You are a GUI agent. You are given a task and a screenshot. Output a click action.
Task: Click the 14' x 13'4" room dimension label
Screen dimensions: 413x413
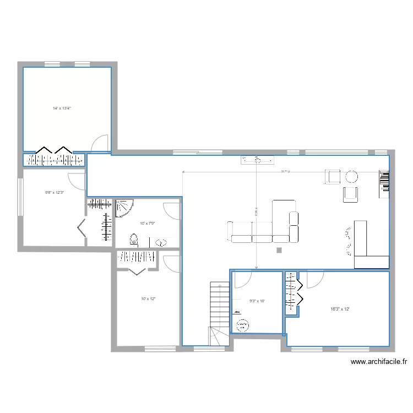tap(62, 108)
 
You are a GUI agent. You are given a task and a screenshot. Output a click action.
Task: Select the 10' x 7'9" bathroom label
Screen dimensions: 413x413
tap(148, 223)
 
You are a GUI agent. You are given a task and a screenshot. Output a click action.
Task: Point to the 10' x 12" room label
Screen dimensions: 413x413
tap(149, 298)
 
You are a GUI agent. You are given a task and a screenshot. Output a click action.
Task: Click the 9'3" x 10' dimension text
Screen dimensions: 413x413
tap(257, 301)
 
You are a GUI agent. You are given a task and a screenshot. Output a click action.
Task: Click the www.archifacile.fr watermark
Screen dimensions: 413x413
tap(378, 362)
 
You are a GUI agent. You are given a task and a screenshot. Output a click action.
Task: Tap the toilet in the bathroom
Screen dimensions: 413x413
tap(133, 241)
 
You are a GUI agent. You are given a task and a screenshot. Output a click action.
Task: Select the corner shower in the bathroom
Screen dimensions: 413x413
tap(123, 208)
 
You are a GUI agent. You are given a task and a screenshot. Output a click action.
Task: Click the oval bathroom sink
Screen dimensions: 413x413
tap(162, 242)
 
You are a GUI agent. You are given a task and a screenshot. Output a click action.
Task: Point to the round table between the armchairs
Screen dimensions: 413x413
tap(351, 177)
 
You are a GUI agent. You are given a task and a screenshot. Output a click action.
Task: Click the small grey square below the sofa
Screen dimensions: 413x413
tap(279, 251)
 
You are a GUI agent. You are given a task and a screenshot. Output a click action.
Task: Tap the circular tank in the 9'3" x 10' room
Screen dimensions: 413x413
tap(242, 325)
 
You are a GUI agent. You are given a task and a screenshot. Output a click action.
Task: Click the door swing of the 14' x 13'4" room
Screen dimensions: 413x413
tap(100, 143)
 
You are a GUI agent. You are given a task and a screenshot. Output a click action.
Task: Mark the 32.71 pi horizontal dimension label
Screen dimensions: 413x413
tap(285, 171)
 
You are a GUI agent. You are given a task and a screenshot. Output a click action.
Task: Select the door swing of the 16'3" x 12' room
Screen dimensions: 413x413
tap(315, 280)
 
